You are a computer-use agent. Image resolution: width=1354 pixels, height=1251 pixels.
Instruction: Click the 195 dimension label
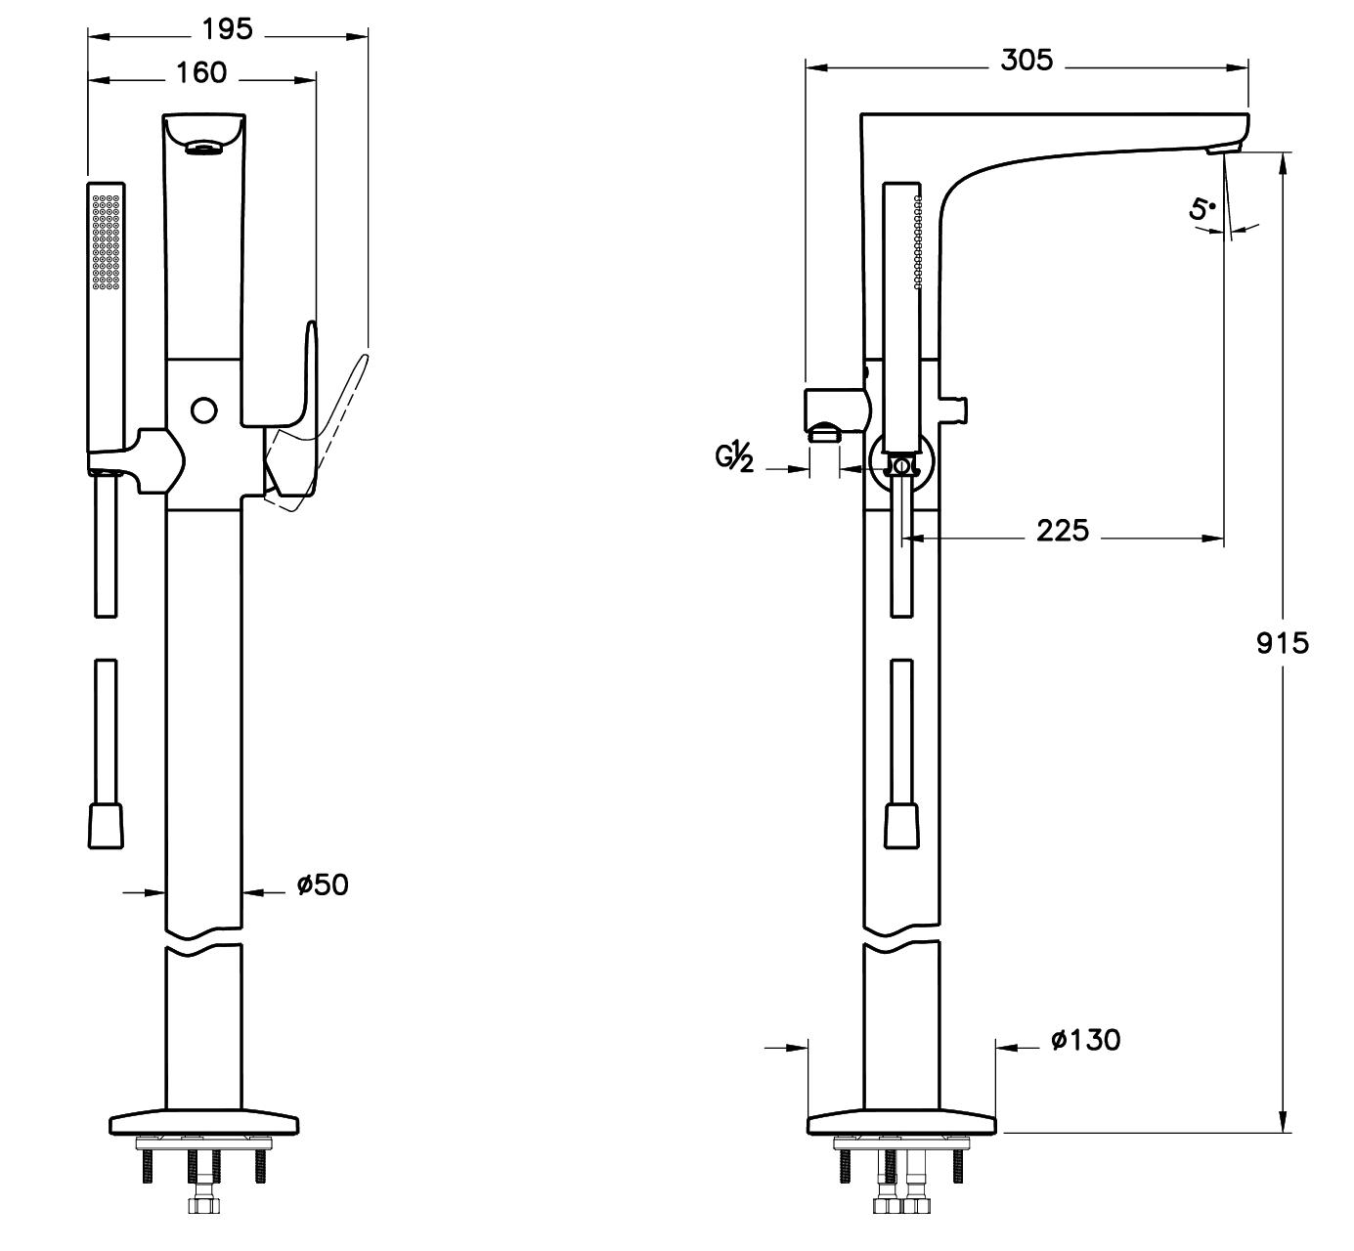pos(227,29)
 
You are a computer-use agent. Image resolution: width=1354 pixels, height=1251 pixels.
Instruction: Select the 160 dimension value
pos(201,72)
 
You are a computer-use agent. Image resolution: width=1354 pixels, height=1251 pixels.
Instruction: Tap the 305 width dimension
pos(1026,61)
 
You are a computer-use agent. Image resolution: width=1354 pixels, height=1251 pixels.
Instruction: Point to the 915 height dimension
pos(1282,642)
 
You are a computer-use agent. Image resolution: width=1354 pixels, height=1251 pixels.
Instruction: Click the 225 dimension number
pos(1062,531)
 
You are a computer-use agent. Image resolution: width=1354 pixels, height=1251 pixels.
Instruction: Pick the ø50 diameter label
pos(323,884)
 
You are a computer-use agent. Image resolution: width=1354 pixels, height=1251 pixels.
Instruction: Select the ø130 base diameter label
pos(1085,1040)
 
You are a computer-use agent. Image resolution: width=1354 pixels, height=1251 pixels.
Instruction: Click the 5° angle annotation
pos(1202,208)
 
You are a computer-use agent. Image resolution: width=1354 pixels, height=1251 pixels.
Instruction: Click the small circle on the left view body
pos(203,410)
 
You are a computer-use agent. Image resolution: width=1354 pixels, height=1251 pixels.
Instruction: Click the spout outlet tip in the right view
pos(1223,148)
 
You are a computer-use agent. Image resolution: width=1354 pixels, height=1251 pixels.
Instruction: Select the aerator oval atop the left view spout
pos(203,147)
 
